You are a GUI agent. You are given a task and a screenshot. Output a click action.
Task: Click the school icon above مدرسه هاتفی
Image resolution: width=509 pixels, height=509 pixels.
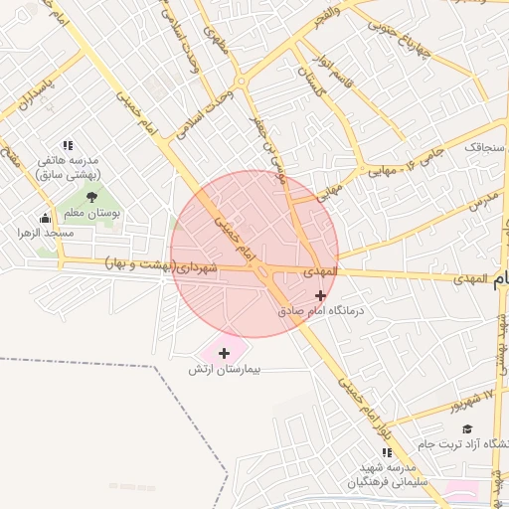[x=68, y=145]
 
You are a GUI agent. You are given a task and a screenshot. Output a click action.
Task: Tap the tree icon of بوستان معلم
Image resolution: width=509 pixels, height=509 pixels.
[x=92, y=197]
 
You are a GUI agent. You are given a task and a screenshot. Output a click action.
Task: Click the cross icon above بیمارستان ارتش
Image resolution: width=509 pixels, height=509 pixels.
[x=224, y=352]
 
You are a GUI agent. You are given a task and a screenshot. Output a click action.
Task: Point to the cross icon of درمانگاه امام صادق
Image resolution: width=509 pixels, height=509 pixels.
[x=319, y=295]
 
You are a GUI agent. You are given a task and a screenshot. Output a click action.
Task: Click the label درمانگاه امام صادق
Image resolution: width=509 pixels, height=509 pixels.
[x=321, y=311]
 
